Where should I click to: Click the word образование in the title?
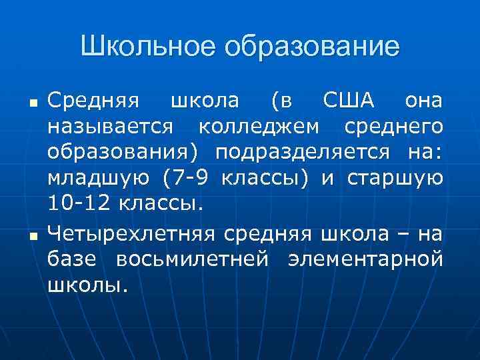pos(313,47)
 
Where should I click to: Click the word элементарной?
pos(365,259)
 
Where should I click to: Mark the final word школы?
pos(86,285)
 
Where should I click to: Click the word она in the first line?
pos(423,101)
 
